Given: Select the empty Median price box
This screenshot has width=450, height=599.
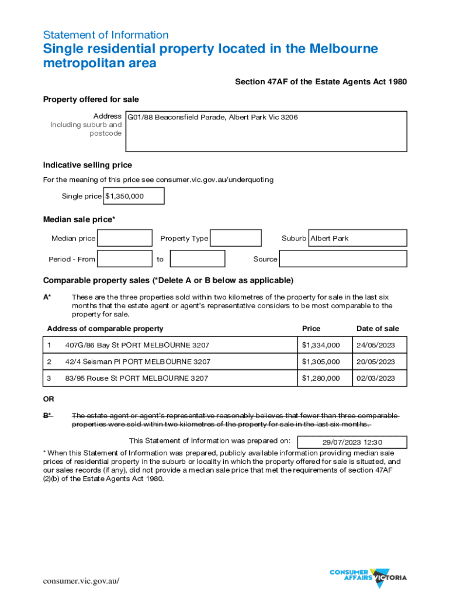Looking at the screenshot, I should coord(124,238).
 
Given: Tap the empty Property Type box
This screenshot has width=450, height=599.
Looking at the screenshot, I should coord(236,238).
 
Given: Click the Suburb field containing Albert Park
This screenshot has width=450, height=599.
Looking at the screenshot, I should coord(357,238).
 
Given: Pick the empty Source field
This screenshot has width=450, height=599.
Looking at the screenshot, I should coord(343,259).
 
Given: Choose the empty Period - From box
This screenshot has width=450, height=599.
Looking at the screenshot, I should coord(124,259).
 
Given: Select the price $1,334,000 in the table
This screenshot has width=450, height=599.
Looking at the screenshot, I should coord(321,345).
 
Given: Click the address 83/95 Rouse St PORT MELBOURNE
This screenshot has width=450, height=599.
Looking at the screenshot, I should coord(137,378).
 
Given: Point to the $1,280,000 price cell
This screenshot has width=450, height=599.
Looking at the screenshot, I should coord(321,378).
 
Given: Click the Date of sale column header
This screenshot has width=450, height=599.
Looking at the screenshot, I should coord(378,329).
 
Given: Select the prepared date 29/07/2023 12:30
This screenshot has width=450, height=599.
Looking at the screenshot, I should coord(352,442).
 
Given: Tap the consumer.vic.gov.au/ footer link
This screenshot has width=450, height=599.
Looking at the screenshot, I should coord(81,581).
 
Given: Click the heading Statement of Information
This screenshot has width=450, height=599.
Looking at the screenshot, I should coord(106,35).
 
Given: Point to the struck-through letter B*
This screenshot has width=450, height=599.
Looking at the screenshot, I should coord(47,415).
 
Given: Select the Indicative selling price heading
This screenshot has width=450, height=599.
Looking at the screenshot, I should coord(88,165).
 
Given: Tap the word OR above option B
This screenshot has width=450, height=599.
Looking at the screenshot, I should coord(49,400).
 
